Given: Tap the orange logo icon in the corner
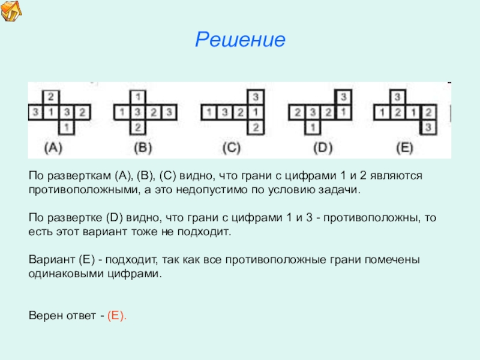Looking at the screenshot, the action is pos(11,11).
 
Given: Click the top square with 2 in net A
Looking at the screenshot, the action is pos(52,96).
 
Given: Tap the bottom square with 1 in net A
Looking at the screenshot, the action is pos(67,127).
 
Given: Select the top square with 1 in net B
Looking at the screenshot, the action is pos(139,96).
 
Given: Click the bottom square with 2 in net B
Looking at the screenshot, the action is pos(139,127).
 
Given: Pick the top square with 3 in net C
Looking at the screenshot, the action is pos(256,96).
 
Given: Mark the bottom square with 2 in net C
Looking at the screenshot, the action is pos(256,127).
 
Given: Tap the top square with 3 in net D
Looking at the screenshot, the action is pos(343,96).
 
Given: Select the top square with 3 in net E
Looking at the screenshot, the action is pos(396,96).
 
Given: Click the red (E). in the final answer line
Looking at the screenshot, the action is pos(117,315).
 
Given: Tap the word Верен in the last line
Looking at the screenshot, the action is pos(44,315).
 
